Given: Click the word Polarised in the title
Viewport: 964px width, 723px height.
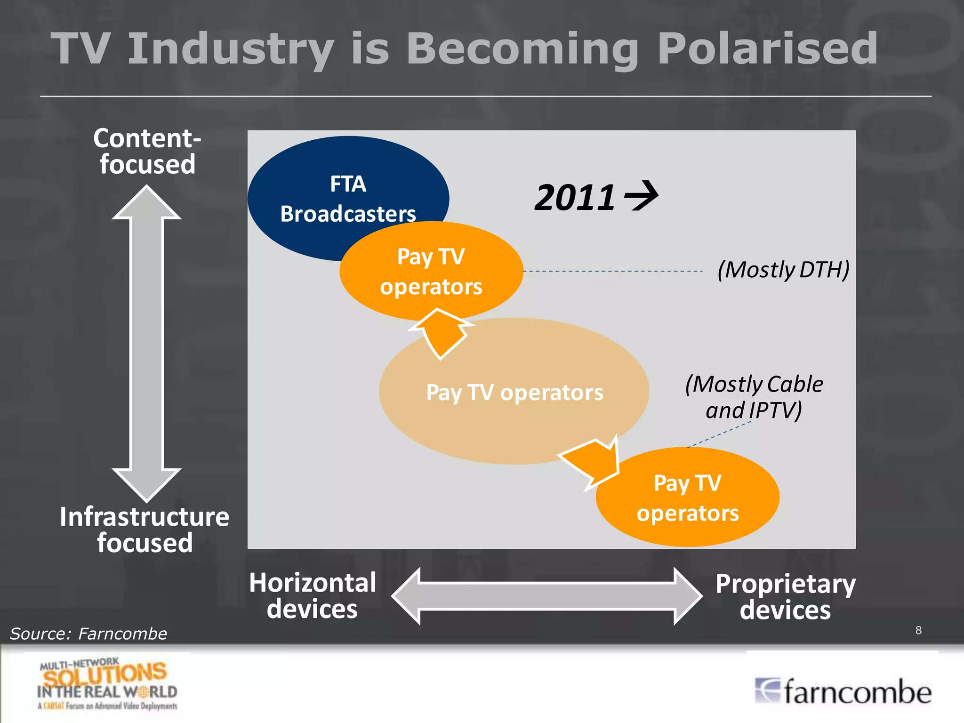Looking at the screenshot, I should (767, 48).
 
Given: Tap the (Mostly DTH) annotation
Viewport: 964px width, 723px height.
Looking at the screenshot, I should (783, 270).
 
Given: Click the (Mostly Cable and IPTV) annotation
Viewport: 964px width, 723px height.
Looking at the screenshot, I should (754, 397).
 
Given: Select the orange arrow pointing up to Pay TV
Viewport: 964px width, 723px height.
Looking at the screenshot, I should (440, 332).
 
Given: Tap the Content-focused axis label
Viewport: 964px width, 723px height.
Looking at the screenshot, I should (147, 151).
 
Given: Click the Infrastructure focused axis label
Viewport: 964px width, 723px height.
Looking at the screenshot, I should (145, 530).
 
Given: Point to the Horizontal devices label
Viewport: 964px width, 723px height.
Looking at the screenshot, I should (313, 595).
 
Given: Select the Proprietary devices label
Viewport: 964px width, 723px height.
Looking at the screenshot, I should (785, 596).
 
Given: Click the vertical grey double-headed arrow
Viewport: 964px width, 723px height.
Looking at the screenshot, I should (146, 344).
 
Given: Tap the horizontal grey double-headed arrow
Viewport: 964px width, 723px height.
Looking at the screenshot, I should (547, 596).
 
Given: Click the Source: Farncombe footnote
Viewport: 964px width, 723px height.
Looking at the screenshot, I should (88, 634).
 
